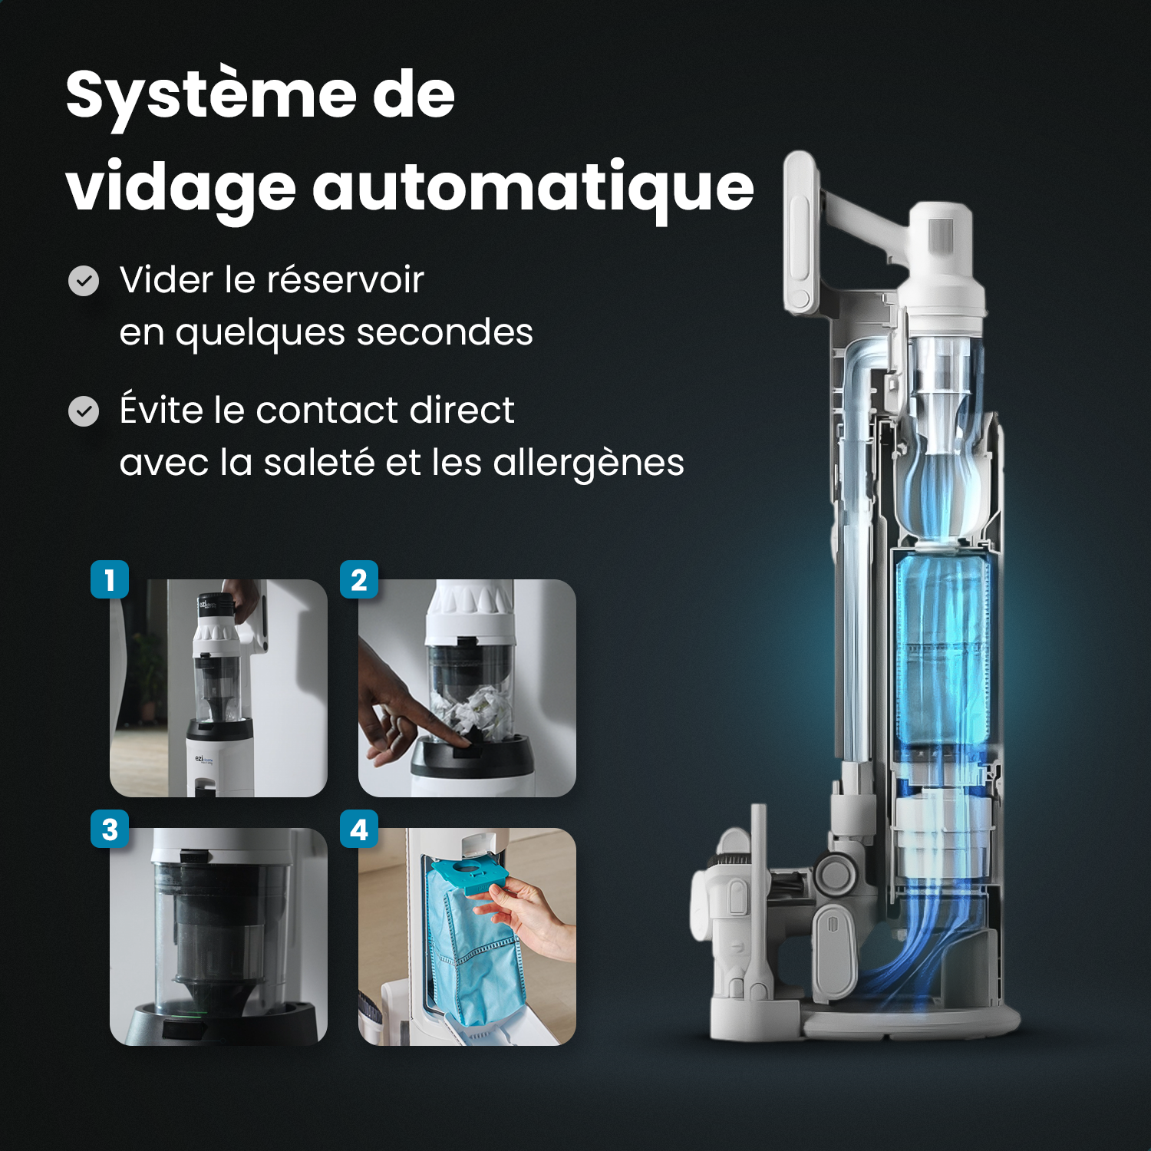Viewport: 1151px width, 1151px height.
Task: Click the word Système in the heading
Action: (x=210, y=96)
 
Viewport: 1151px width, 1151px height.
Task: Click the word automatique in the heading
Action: (x=533, y=188)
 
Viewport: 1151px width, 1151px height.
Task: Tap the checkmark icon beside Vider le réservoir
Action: (x=84, y=281)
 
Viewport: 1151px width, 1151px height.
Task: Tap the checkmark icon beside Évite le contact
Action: (x=84, y=411)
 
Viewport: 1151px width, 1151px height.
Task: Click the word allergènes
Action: (x=588, y=463)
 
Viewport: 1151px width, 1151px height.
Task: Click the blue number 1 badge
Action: (x=110, y=579)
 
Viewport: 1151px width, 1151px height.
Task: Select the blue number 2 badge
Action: (x=358, y=579)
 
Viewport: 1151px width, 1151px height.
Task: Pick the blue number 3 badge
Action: (x=110, y=829)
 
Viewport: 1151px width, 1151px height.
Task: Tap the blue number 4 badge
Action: (x=358, y=829)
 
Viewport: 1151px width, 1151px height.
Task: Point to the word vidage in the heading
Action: (x=181, y=188)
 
